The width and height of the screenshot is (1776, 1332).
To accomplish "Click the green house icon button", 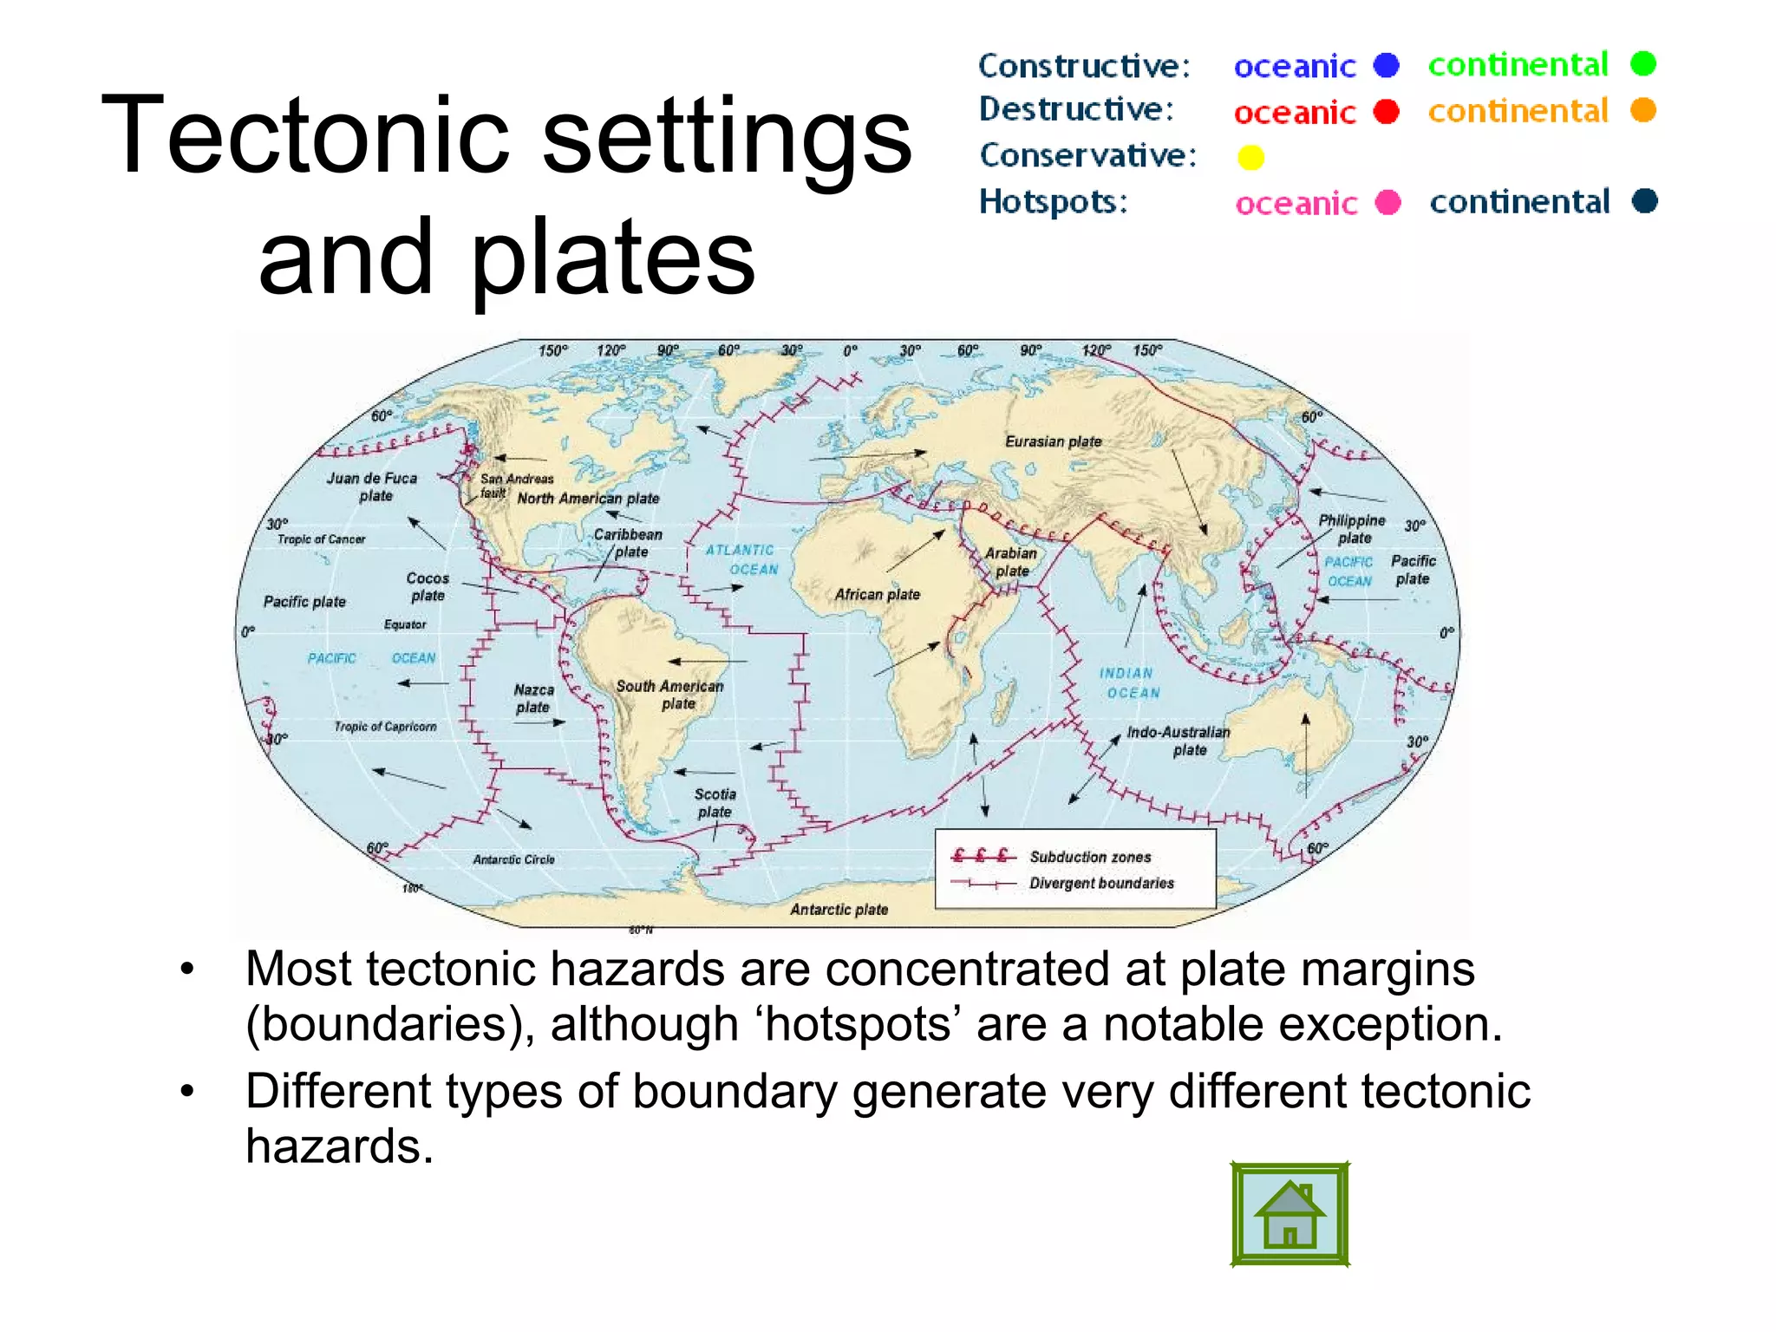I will point(1290,1214).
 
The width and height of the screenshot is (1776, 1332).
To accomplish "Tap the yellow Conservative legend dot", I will point(1250,158).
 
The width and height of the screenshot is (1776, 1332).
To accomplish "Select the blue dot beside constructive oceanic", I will point(1387,65).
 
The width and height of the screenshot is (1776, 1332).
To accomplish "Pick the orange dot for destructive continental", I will point(1643,110).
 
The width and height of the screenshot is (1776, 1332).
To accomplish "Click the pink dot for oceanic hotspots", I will point(1388,202).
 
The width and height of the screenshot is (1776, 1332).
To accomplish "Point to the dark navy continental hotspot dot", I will point(1644,201).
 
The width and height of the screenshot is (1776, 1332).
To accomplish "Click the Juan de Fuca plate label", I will point(372,486).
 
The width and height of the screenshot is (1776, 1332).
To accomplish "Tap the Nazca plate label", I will point(533,698).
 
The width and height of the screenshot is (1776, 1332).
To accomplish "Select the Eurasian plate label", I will point(1053,441).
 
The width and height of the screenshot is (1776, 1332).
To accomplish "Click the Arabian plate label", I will point(1011,561).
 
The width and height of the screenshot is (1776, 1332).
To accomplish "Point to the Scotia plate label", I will point(715,802).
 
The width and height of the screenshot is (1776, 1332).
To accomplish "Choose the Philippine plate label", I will point(1352,528).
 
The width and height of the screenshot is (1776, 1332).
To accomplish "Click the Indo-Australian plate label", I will point(1179,741).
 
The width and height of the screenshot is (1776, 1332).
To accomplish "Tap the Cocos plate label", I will point(428,586).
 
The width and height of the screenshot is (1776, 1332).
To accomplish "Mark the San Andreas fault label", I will point(515,484).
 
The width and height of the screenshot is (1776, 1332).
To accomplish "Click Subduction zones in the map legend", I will point(1090,857).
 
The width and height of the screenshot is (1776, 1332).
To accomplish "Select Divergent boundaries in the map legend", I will point(1101,883).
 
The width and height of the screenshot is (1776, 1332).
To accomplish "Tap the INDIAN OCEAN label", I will point(1128,682).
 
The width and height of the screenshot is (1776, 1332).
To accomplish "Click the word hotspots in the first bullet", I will point(859,1024).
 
